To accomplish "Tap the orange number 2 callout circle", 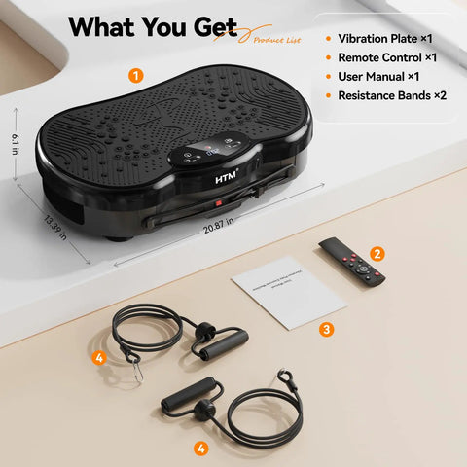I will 377,253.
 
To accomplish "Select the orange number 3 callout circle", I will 327,329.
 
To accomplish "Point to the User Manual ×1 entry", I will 378,77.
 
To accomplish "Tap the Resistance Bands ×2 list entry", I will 392,95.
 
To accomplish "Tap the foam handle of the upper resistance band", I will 225,343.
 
